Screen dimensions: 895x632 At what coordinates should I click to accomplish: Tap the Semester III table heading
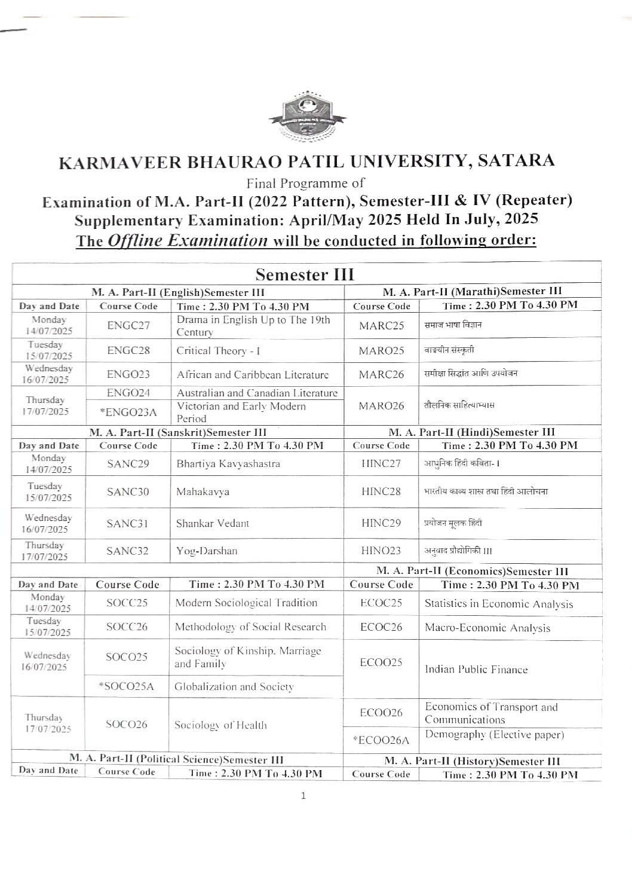click(304, 275)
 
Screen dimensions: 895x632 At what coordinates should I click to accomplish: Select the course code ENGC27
click(128, 326)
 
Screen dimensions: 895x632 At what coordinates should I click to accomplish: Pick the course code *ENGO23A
click(128, 412)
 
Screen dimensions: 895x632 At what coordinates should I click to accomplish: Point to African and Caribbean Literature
click(253, 375)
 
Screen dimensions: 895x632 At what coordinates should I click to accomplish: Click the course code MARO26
click(381, 405)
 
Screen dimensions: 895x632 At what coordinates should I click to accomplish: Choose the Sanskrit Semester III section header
click(177, 432)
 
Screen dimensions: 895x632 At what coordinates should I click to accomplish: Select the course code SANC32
click(127, 551)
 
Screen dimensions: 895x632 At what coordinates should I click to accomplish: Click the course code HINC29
click(381, 523)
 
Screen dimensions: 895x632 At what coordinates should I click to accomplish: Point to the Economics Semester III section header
click(471, 571)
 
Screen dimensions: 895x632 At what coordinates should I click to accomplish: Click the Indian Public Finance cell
click(476, 670)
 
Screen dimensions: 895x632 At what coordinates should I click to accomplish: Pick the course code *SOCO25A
click(127, 687)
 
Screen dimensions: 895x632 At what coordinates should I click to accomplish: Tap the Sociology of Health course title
click(220, 726)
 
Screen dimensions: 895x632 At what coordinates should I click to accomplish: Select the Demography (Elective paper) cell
click(494, 735)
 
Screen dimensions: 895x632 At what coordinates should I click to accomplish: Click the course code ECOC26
click(381, 627)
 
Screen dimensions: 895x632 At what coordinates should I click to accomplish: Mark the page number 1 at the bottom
click(304, 796)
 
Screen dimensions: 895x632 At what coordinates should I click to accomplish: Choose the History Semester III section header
click(472, 761)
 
